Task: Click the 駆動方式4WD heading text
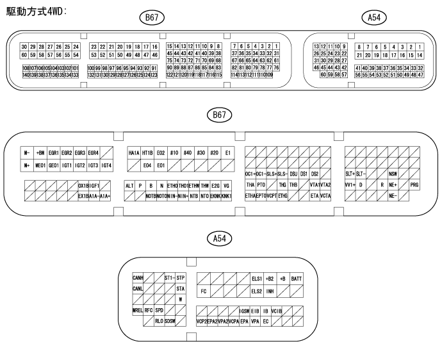click(x=37, y=12)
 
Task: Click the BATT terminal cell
click(x=297, y=279)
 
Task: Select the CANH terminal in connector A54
click(x=138, y=278)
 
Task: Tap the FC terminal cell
click(x=203, y=291)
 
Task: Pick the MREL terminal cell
click(x=138, y=310)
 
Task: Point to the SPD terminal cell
click(x=159, y=310)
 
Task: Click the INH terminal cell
click(x=270, y=291)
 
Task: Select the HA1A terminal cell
click(x=134, y=153)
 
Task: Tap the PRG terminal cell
click(x=414, y=184)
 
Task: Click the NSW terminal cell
click(x=393, y=174)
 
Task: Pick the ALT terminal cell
click(x=129, y=184)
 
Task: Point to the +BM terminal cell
click(x=40, y=153)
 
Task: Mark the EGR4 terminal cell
click(x=94, y=153)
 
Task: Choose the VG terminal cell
click(x=226, y=184)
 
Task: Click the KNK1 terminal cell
click(x=226, y=195)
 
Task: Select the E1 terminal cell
click(x=228, y=153)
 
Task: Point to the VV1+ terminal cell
click(x=350, y=184)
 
